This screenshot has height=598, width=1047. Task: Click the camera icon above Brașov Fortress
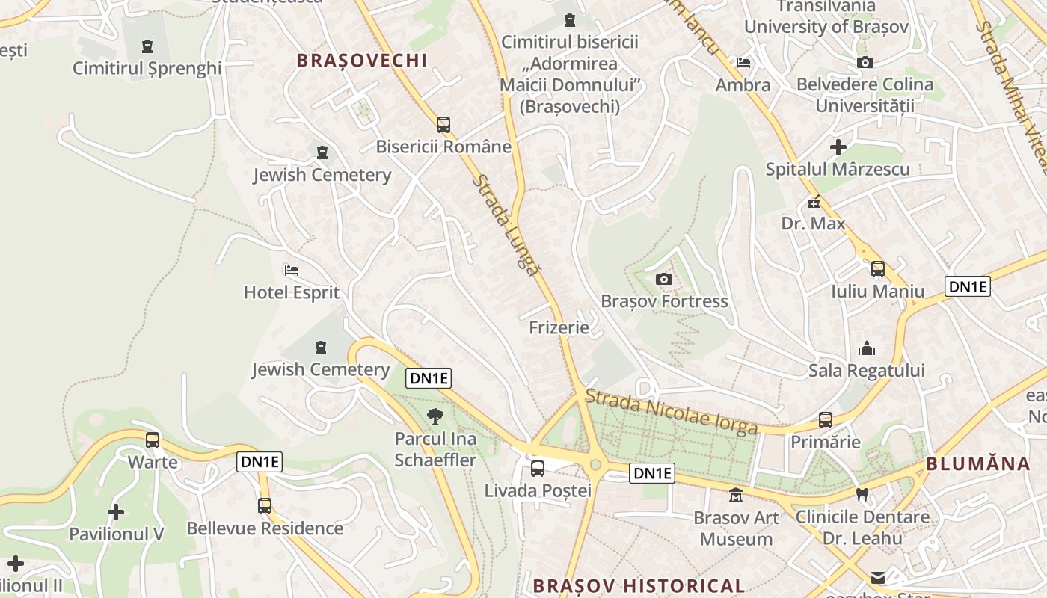[663, 280]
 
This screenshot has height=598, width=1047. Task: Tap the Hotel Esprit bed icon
[292, 271]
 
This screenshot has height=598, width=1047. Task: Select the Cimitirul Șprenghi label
[147, 68]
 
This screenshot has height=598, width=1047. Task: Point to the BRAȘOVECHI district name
[362, 61]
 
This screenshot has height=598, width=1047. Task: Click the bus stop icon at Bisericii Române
[443, 125]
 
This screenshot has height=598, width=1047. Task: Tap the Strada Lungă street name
[506, 225]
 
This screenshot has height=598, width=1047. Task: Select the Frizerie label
[559, 327]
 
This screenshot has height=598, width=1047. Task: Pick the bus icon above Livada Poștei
[538, 469]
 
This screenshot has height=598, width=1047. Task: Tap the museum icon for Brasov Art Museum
[736, 496]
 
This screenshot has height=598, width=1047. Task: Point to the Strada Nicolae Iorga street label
[672, 412]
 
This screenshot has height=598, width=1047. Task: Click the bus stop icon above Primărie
[826, 420]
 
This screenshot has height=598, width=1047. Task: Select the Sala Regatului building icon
[867, 348]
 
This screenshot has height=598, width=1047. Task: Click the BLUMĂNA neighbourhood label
[978, 463]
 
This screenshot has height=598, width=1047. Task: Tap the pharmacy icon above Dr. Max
[814, 202]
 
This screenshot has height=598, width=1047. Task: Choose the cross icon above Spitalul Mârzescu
[838, 147]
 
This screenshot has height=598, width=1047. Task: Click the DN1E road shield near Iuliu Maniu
[967, 286]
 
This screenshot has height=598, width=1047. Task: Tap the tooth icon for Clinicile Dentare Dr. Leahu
[862, 494]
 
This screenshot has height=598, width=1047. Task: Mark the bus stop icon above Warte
[153, 440]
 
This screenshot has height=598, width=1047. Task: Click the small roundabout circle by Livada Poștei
[595, 465]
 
